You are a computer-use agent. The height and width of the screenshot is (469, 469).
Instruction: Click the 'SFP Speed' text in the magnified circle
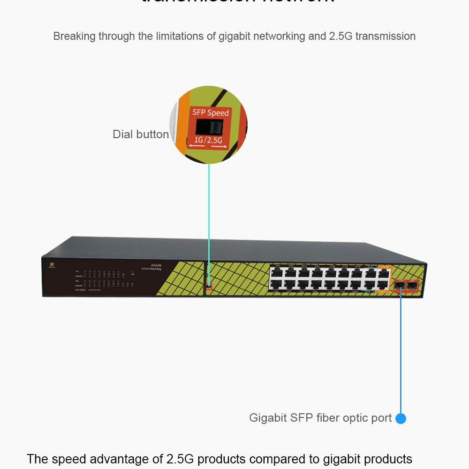(211, 112)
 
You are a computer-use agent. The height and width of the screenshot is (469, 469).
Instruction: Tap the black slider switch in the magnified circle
(209, 126)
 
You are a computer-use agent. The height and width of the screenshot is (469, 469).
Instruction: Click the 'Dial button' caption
(141, 134)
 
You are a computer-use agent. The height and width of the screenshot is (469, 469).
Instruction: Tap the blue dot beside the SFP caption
(401, 418)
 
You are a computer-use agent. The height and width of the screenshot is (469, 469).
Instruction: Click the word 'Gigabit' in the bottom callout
(268, 418)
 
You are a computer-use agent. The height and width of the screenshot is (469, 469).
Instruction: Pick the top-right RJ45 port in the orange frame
(384, 273)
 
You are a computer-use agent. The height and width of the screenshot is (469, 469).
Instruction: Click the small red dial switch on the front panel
(209, 285)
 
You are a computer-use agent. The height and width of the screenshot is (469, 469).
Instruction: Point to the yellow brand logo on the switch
(52, 265)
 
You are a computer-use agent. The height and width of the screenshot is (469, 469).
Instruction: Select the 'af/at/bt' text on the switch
(156, 265)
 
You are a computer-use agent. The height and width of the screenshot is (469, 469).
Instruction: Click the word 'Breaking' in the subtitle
(74, 36)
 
